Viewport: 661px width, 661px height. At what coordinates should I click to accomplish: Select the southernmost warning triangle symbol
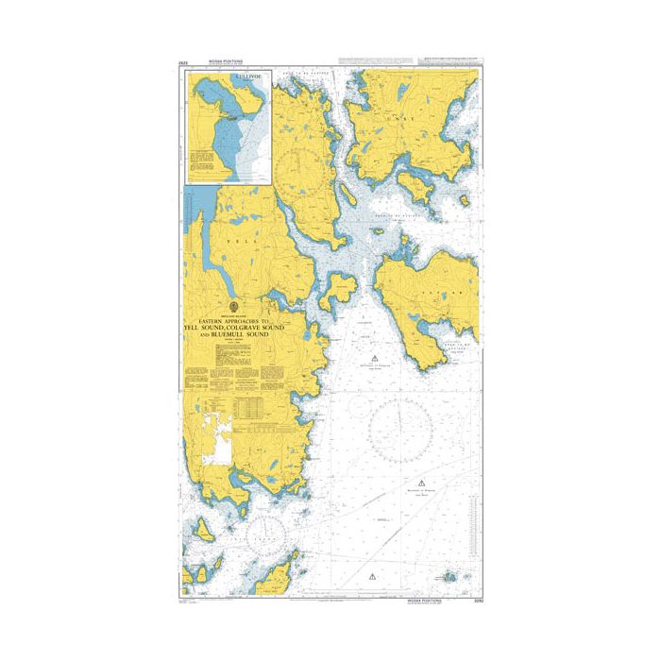[375, 575]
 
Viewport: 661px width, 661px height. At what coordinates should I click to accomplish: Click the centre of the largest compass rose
[407, 430]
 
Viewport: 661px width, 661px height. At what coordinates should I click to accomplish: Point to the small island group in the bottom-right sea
[449, 576]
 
